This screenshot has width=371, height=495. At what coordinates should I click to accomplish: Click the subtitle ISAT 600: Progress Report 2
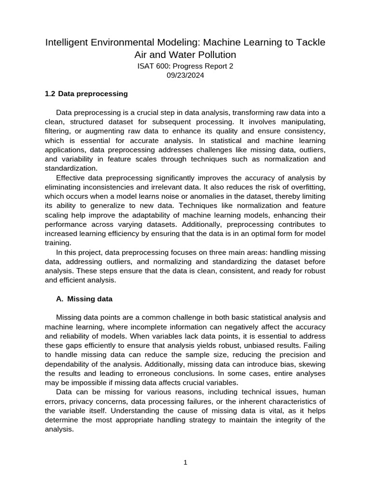(x=185, y=66)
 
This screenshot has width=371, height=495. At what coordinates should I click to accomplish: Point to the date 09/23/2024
(x=185, y=75)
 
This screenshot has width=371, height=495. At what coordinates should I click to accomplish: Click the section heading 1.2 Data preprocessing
(x=86, y=94)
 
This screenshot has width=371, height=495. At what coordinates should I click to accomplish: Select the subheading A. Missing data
(x=84, y=299)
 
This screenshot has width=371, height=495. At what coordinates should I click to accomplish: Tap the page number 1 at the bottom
(x=185, y=463)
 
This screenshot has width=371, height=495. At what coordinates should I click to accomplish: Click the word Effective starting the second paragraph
(x=72, y=178)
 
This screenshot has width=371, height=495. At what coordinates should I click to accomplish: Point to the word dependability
(x=71, y=364)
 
